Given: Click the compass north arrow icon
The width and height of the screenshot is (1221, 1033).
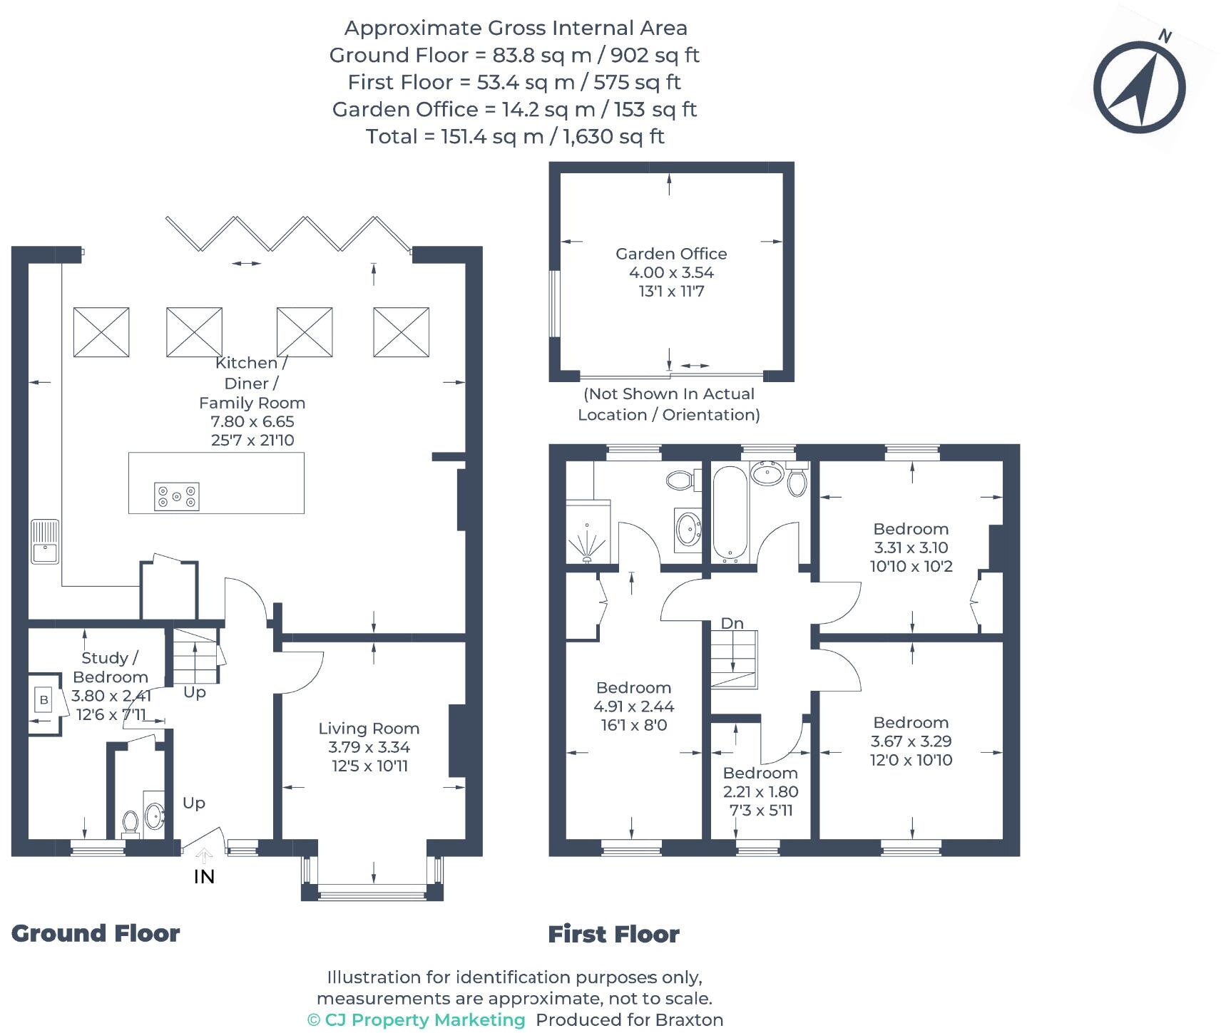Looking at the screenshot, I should [x=1139, y=88].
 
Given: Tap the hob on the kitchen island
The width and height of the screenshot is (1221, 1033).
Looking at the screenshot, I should [x=177, y=496].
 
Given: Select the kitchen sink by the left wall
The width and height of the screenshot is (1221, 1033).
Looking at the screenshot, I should [x=45, y=542].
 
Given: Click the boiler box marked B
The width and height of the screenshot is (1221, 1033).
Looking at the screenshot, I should [x=44, y=700].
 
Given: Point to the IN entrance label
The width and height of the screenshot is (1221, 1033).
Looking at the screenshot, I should [x=204, y=876].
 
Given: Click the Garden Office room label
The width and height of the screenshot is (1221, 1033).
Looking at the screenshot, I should [x=671, y=254].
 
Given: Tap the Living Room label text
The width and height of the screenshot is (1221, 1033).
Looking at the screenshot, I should [x=369, y=729].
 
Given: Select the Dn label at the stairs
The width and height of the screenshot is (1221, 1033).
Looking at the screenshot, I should [x=732, y=624].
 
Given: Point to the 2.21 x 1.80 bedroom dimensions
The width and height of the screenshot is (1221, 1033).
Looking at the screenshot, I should [x=760, y=791].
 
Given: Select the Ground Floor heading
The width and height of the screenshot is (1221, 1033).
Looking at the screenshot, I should [x=96, y=933].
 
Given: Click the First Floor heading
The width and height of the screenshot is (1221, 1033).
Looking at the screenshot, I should [x=613, y=934].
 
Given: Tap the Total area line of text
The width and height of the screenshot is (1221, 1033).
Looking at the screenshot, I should [x=515, y=136].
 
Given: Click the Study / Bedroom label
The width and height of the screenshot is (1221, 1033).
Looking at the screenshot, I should [x=111, y=667].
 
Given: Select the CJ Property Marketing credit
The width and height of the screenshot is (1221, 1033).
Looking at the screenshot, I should [x=417, y=1020].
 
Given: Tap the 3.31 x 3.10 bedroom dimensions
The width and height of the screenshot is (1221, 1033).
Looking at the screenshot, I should [x=911, y=548].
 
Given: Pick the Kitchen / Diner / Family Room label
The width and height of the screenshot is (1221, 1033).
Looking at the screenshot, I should [x=251, y=383].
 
